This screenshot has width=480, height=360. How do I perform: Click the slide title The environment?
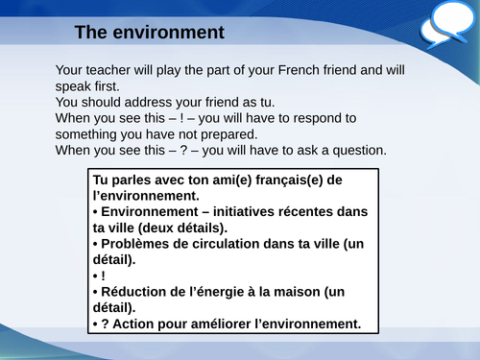pyautogui.click(x=149, y=33)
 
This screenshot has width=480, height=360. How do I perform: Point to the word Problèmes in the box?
pyautogui.click(x=139, y=244)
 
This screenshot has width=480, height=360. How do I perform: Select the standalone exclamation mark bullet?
pyautogui.click(x=103, y=276)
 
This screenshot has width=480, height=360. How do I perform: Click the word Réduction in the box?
pyautogui.click(x=139, y=292)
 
